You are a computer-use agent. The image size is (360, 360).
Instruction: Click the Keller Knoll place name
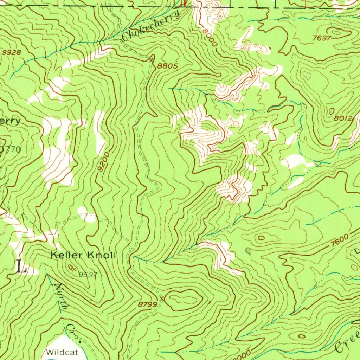(x=83, y=256)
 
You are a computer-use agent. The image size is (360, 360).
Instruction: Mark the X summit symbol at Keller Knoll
(x=72, y=268)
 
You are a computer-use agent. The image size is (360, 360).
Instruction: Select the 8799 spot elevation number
(x=147, y=304)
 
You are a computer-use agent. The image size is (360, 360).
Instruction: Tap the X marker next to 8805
(x=152, y=60)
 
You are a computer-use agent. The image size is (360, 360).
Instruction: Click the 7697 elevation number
(x=321, y=38)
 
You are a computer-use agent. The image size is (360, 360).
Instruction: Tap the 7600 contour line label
(x=340, y=243)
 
